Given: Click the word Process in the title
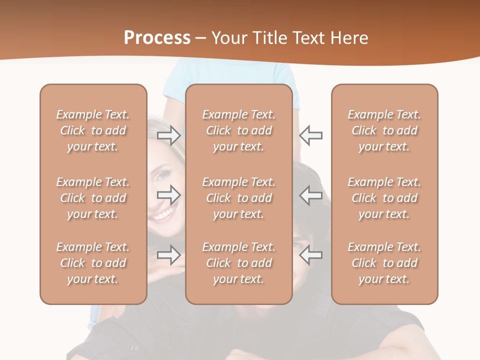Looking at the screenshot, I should pyautogui.click(x=157, y=38).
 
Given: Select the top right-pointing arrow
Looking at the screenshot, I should pyautogui.click(x=169, y=135).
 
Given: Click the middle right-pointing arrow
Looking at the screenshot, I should pyautogui.click(x=169, y=194).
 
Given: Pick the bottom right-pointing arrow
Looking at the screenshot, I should pyautogui.click(x=169, y=255).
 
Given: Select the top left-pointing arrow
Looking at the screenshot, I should pyautogui.click(x=311, y=135).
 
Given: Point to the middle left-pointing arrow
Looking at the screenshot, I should pyautogui.click(x=311, y=194).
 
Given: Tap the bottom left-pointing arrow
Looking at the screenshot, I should pyautogui.click(x=311, y=255).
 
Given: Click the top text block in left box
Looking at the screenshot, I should pyautogui.click(x=93, y=130).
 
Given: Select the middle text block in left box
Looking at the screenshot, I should pyautogui.click(x=93, y=198).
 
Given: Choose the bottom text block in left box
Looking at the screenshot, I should pyautogui.click(x=93, y=263).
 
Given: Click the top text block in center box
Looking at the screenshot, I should pyautogui.click(x=238, y=130).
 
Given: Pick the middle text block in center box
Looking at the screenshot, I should pyautogui.click(x=238, y=198).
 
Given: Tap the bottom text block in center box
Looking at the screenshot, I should pyautogui.click(x=238, y=263).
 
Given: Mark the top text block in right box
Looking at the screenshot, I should pyautogui.click(x=384, y=130).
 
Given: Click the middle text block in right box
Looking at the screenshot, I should pyautogui.click(x=384, y=198).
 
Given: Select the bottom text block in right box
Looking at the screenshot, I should pyautogui.click(x=384, y=263).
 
